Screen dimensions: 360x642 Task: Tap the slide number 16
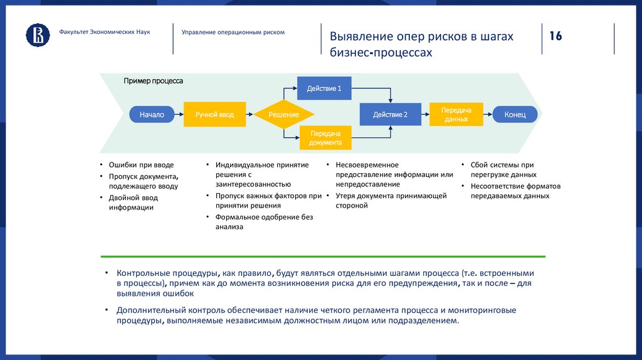coord(555,36)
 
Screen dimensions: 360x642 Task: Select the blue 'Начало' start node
coord(152,114)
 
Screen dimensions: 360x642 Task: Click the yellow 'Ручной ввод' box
coord(214,114)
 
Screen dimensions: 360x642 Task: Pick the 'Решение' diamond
coord(284,114)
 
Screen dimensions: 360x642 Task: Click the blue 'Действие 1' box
coord(324,88)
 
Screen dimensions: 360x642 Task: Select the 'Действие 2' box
coord(390,114)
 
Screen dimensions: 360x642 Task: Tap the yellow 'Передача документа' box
coord(325,138)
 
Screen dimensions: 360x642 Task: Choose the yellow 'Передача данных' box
coord(456,114)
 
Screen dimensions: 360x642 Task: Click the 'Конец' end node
coord(515,114)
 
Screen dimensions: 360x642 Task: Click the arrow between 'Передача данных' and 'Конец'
coord(487,114)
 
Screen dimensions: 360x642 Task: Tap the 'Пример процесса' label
coord(153,81)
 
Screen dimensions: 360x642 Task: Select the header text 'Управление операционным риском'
coord(233,32)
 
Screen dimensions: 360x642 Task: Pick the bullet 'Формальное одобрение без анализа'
coord(263,222)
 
